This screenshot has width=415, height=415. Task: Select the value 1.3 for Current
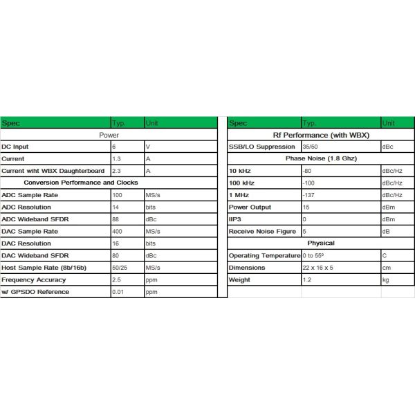(116, 159)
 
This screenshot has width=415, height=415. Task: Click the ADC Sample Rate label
(30, 196)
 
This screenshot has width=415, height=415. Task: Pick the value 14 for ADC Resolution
(116, 207)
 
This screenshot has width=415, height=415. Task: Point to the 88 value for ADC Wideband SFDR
(116, 220)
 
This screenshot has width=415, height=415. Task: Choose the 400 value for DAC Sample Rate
(118, 232)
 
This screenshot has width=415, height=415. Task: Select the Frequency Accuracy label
(34, 280)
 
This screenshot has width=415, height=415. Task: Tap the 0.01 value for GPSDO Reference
(118, 292)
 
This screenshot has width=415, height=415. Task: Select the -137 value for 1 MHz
(311, 195)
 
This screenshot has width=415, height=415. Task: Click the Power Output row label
(250, 207)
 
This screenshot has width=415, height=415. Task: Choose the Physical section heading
(321, 243)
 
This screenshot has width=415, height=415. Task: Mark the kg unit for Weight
(386, 280)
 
